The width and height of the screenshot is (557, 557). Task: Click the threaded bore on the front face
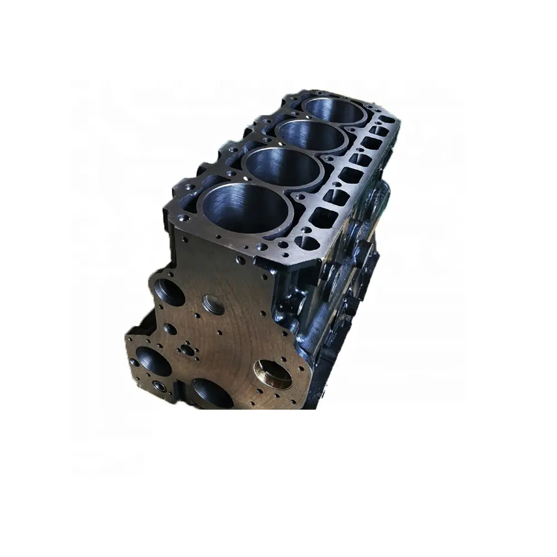pos(213,305)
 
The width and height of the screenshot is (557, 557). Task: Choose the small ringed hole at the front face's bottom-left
pos(160,385)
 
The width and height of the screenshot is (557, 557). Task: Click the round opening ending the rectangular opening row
pos(306,243)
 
